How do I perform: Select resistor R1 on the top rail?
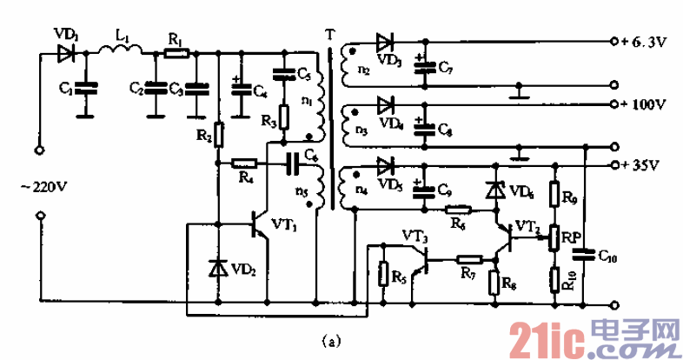tap(176, 54)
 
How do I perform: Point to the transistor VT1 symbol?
tap(259, 225)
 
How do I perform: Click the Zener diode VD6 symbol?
tap(496, 190)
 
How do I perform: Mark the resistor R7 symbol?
tap(470, 259)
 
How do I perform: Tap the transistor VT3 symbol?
tap(423, 258)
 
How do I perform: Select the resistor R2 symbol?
tap(217, 135)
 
